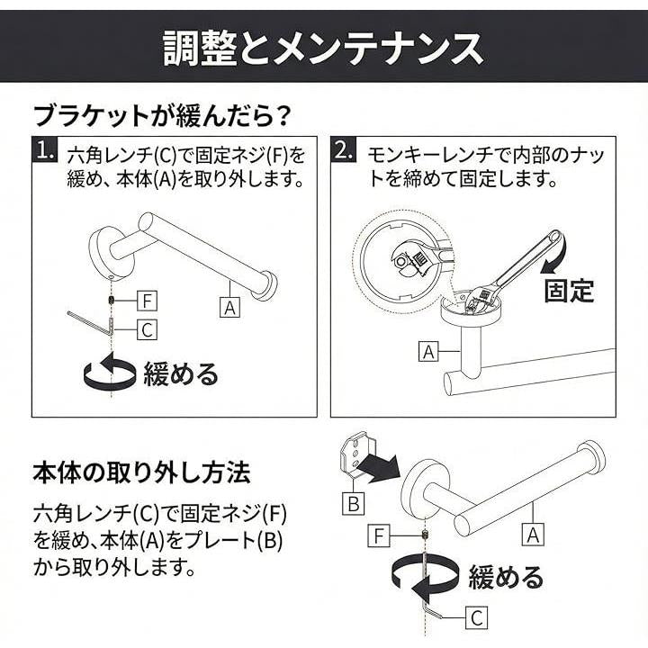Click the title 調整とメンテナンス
coord(323,49)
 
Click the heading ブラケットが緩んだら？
coord(162,116)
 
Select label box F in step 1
coord(147,301)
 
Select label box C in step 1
coord(147,329)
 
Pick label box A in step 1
coord(229,308)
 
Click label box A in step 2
coord(428,351)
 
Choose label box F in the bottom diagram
coord(379,536)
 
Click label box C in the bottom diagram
coord(476,617)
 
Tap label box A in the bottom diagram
coord(533,535)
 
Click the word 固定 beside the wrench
coord(569,291)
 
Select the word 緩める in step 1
coord(181,374)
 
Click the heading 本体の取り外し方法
coord(142,472)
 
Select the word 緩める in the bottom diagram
coord(506,577)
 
